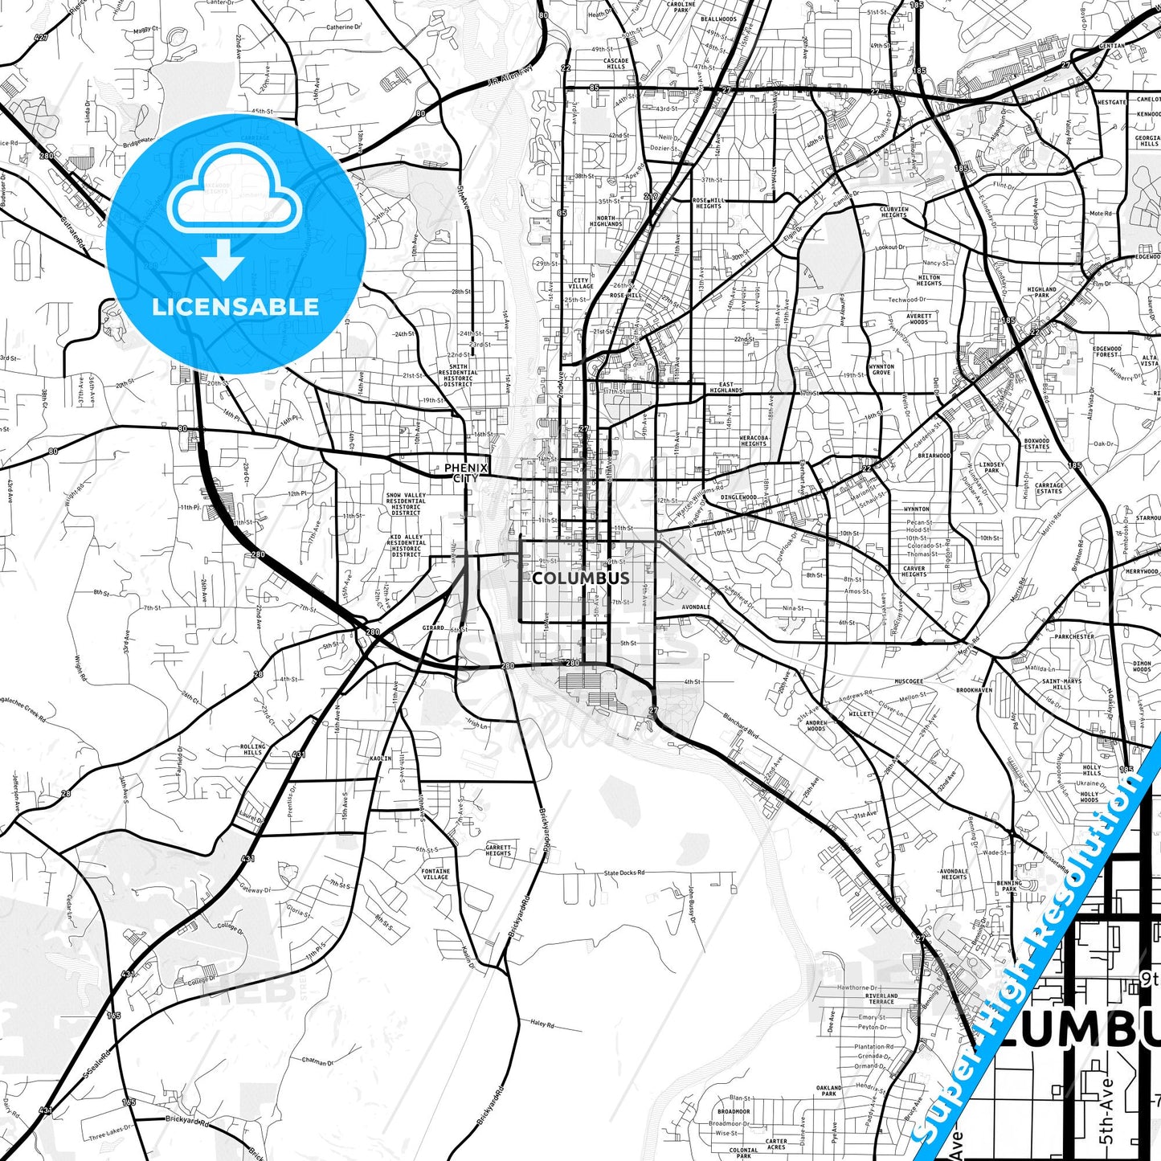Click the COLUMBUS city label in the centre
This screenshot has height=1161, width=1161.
[581, 578]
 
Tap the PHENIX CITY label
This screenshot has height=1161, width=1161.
[466, 472]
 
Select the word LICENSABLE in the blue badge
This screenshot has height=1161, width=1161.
[235, 307]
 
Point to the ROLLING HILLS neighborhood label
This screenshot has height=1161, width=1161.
[252, 750]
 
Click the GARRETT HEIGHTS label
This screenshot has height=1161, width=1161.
[498, 850]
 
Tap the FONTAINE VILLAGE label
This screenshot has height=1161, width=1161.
[435, 874]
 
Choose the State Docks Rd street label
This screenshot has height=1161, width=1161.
[624, 873]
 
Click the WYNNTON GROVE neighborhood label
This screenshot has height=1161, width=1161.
[881, 370]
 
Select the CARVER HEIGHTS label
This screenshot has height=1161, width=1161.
[914, 571]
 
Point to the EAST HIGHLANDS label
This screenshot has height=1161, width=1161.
[726, 388]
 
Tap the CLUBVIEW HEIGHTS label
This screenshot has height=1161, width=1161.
[893, 212]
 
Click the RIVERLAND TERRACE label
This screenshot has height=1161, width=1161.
[881, 999]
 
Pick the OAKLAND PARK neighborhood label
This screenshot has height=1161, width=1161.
[829, 1090]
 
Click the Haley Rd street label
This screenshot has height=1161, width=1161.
[542, 1024]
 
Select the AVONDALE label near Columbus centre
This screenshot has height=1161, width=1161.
[696, 607]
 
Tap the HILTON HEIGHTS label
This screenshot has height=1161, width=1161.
[929, 280]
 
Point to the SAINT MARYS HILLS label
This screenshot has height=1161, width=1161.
[1061, 684]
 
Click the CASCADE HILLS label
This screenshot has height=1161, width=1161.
[616, 63]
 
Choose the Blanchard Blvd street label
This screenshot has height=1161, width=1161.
[741, 726]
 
